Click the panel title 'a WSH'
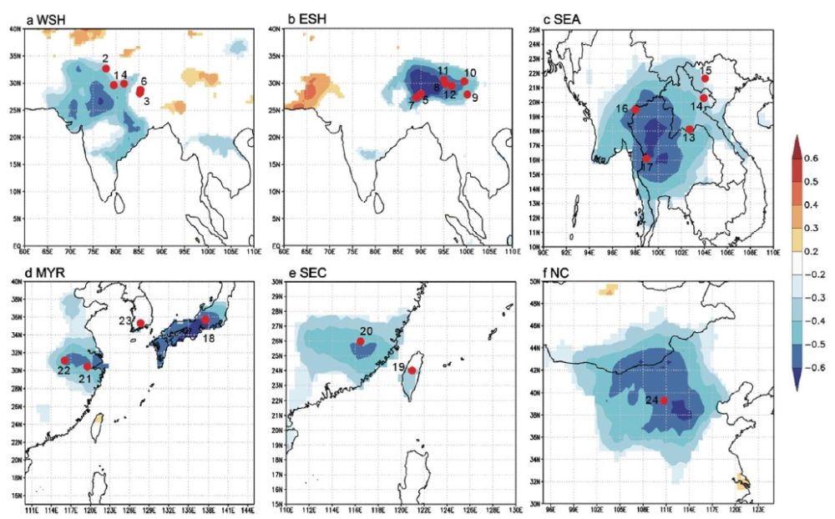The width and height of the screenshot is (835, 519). [x=46, y=19]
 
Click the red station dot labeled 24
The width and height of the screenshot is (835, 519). [x=664, y=401]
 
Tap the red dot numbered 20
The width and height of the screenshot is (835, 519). [x=361, y=342]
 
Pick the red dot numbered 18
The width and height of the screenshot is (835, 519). [x=205, y=320]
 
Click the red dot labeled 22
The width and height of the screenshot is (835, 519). [x=65, y=360]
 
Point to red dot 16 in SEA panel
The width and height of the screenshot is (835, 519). [x=635, y=109]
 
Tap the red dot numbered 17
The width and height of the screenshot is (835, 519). [x=646, y=158]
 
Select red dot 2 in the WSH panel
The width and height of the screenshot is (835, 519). [x=106, y=68]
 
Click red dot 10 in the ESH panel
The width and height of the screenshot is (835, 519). [x=464, y=82]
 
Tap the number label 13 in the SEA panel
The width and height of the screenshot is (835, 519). [x=688, y=139]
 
